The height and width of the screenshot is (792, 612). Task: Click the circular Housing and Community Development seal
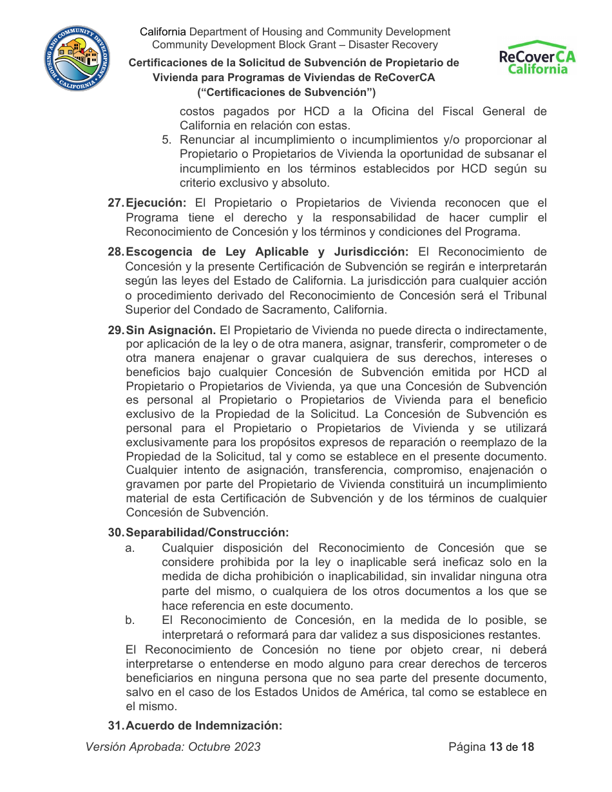[77, 59]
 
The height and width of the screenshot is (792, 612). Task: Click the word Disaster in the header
[365, 45]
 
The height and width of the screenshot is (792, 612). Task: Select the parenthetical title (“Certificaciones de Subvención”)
[294, 92]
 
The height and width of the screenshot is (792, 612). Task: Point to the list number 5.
[167, 140]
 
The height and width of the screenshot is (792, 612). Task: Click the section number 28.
[115, 252]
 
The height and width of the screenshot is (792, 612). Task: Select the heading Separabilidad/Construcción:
[207, 533]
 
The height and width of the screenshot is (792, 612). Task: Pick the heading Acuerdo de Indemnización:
[204, 726]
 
